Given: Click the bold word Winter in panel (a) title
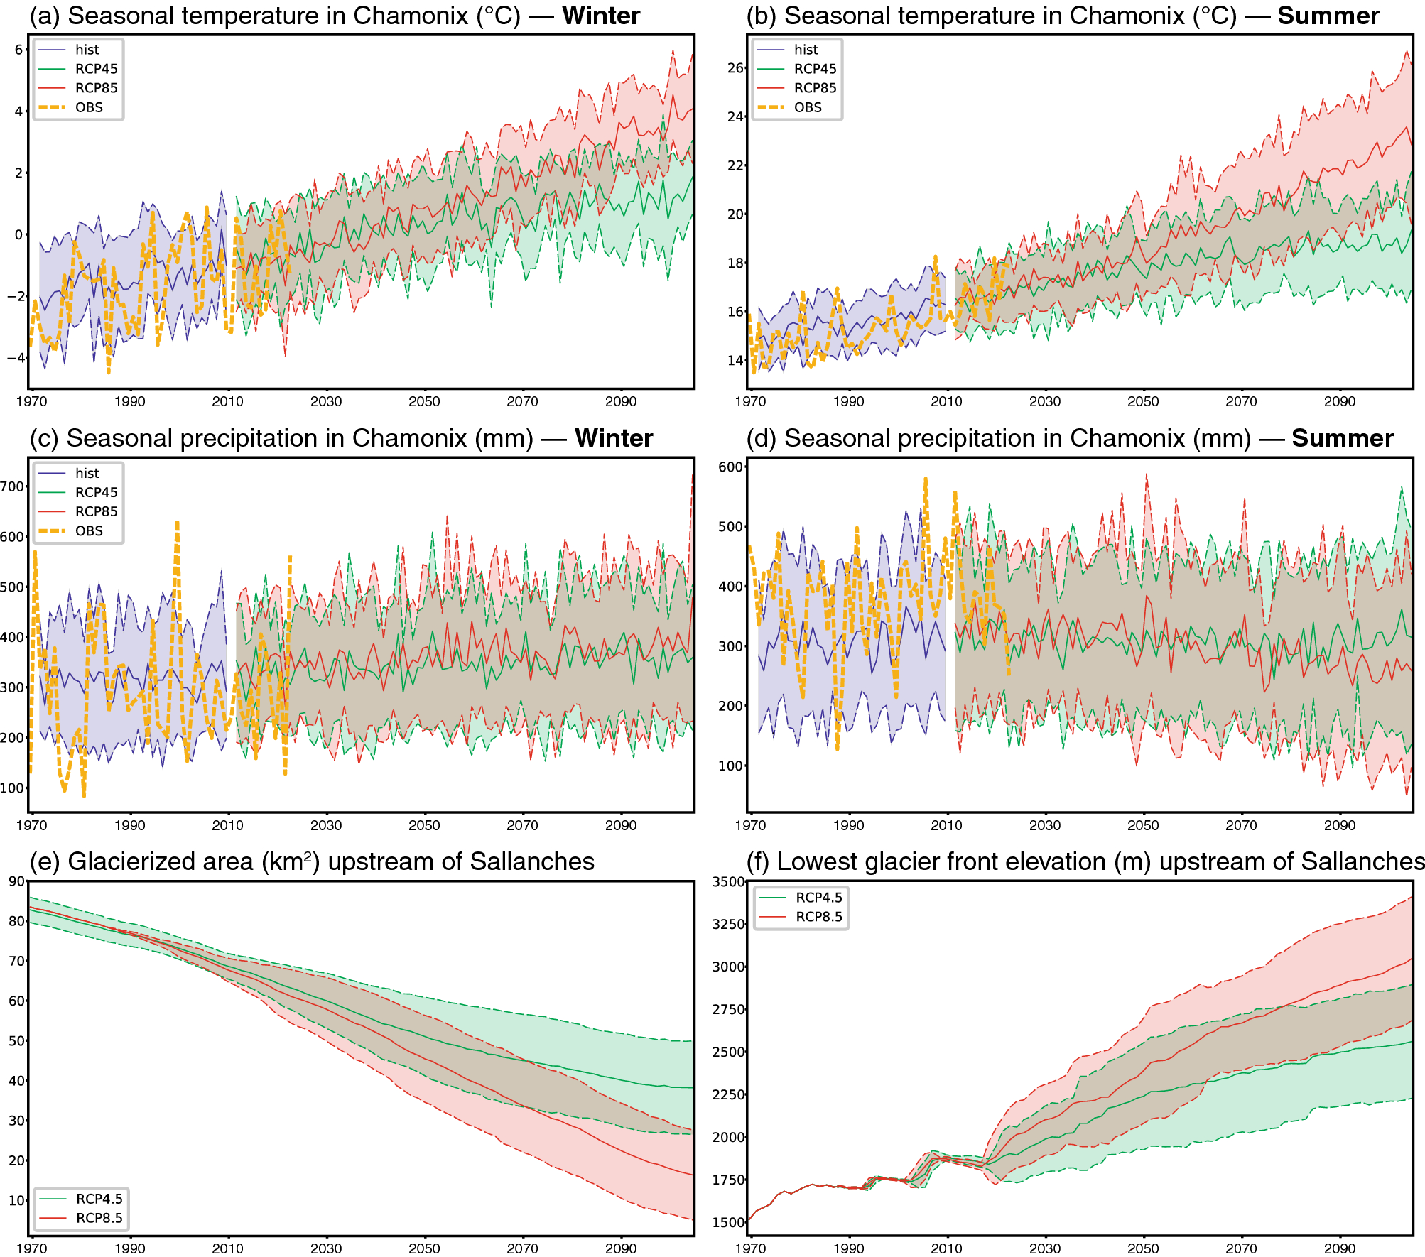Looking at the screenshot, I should (600, 16).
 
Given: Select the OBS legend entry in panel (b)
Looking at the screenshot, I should (807, 107).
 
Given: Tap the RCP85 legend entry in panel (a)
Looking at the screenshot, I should (96, 88).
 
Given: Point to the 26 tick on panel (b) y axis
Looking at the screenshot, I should (735, 68).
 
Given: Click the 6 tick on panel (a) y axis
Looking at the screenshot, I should (18, 50).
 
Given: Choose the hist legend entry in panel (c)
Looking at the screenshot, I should (87, 473).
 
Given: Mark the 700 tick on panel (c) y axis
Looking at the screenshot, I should (12, 486).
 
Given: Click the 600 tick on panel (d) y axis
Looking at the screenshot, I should (730, 467).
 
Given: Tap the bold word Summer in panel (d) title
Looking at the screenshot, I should (1342, 438).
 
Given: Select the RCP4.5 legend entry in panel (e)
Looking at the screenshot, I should (99, 1199).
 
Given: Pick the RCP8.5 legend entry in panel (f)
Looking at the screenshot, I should (818, 917).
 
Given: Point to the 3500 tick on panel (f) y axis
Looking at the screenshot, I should (728, 881).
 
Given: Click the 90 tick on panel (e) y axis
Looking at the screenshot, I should (16, 881).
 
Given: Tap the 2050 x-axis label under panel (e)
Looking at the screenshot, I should (424, 1248).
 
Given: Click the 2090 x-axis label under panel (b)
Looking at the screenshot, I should (1339, 401).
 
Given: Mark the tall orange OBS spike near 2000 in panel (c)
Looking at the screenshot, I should (177, 526).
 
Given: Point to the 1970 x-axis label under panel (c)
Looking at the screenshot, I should (31, 825).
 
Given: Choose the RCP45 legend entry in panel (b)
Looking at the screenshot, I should (815, 69).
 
